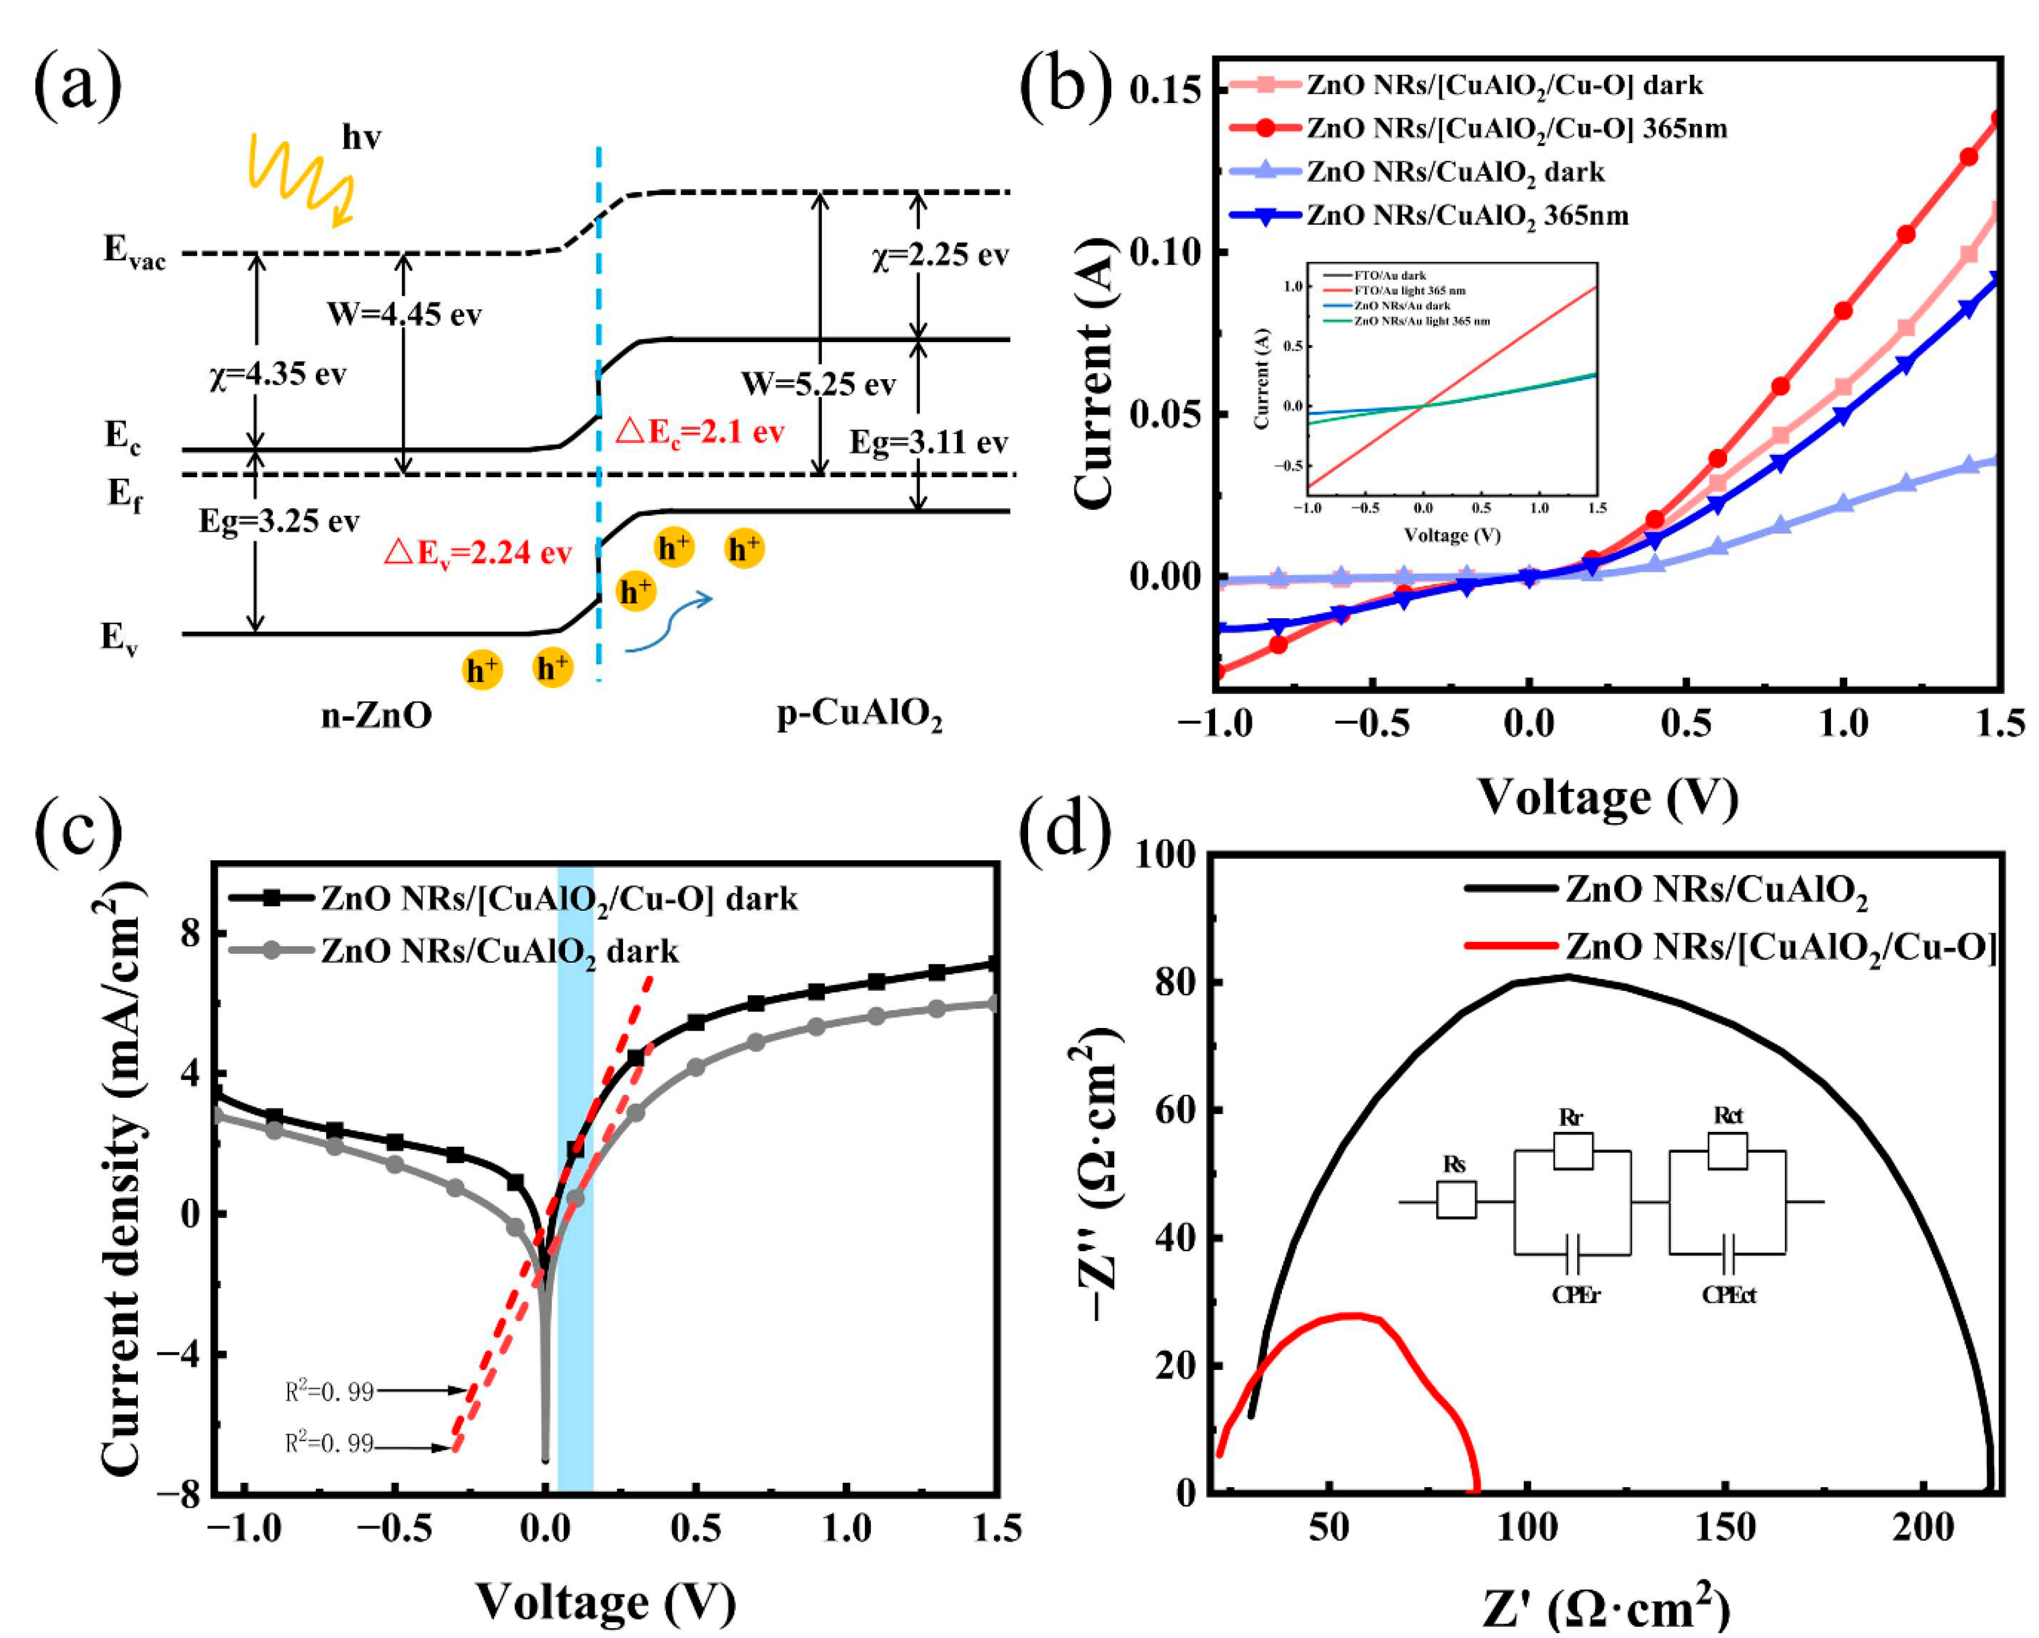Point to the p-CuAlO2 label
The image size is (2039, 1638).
(x=859, y=716)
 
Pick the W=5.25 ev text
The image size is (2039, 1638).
(x=817, y=384)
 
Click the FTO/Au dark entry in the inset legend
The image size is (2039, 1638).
(x=1390, y=275)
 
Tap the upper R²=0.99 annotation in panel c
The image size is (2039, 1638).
(x=329, y=1391)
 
